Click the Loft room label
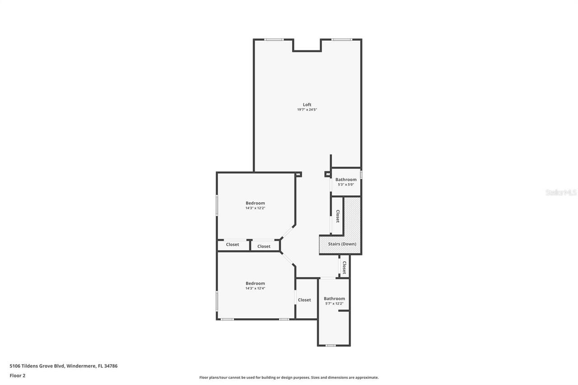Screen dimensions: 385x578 pos(307,105)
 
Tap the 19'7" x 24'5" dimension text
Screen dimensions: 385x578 pos(307,110)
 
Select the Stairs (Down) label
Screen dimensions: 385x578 pos(342,244)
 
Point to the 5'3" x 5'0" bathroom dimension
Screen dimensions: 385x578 pos(346,185)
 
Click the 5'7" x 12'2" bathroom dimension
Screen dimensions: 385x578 pos(334,304)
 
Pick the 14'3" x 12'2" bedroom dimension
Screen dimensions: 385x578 pos(255,209)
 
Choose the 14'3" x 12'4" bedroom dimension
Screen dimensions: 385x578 pos(255,288)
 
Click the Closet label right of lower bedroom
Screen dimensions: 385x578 pos(304,300)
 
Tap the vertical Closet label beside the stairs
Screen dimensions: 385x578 pos(337,216)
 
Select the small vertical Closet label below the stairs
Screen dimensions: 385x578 pos(344,267)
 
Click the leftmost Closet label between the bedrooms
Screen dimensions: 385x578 pos(233,245)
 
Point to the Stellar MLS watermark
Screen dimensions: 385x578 pos(561,192)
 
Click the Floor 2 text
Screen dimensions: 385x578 pos(18,375)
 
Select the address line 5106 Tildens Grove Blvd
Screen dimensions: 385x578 pos(64,366)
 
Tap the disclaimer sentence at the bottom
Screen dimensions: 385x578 pos(289,377)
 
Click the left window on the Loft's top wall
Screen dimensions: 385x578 pos(274,40)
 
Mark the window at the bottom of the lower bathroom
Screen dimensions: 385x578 pos(331,346)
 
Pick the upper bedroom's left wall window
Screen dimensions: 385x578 pos(217,205)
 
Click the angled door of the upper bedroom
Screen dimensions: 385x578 pos(288,232)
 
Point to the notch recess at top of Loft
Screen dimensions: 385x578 pos(307,45)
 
